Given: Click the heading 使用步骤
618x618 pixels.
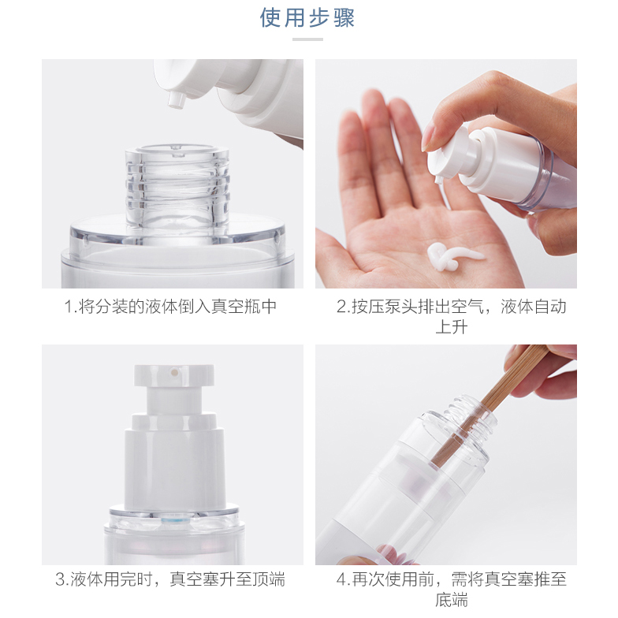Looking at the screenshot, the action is [307, 18].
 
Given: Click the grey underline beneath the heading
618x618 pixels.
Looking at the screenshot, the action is [307, 39].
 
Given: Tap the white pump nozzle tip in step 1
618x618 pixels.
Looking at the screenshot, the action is [177, 100].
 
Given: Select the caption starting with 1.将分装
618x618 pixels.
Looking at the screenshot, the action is [170, 307].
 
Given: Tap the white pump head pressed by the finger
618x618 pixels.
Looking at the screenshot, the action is [453, 156].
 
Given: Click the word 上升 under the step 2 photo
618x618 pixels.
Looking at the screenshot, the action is [452, 326].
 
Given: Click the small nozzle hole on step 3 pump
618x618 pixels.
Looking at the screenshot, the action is [173, 371].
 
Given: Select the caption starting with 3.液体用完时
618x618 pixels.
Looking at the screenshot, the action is [170, 579].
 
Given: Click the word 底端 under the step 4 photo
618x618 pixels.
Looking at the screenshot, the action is [452, 600].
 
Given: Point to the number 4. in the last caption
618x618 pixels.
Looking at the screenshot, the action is [344, 580].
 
